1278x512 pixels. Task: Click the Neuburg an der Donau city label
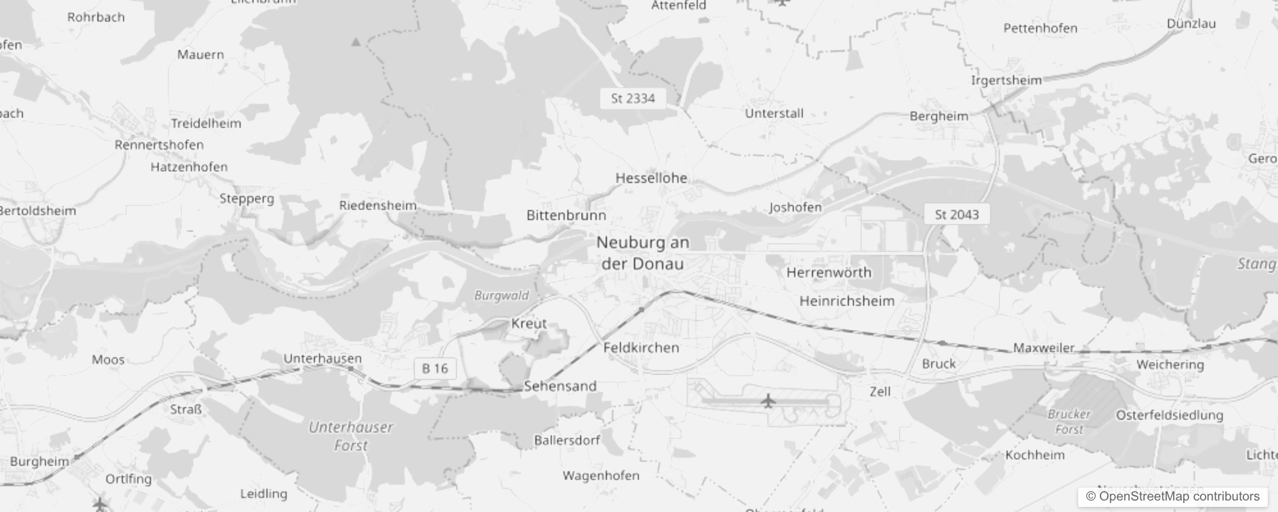tap(642, 253)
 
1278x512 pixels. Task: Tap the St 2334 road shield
tap(633, 99)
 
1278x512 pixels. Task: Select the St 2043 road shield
tap(957, 214)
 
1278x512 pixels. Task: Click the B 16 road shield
tap(435, 369)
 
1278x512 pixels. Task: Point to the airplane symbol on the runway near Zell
tap(768, 401)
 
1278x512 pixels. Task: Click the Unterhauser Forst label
tap(351, 436)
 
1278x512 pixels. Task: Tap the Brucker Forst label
tap(1069, 422)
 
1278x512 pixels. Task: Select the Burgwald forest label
tap(501, 295)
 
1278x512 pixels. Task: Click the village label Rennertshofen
tap(159, 145)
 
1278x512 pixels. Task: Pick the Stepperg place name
tap(247, 198)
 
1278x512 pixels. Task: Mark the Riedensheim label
tap(378, 205)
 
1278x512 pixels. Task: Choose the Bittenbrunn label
tap(566, 215)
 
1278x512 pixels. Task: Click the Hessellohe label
tap(651, 178)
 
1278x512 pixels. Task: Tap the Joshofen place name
tap(795, 207)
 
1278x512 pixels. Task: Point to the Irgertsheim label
tap(1006, 81)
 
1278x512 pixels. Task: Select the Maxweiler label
tap(1044, 348)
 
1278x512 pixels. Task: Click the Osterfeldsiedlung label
tap(1169, 415)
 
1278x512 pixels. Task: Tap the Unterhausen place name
tap(322, 358)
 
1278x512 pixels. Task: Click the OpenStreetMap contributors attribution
tap(1172, 497)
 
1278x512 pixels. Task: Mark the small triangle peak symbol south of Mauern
tap(356, 42)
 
